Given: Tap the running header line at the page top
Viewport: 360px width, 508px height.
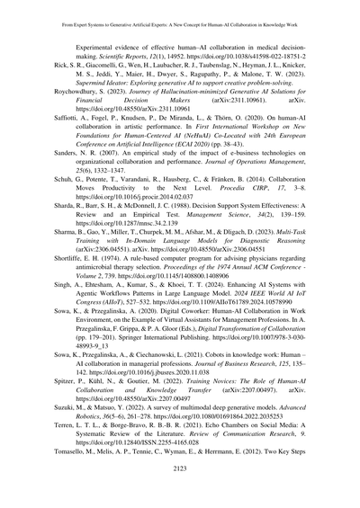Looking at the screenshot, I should pyautogui.click(x=180, y=11).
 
